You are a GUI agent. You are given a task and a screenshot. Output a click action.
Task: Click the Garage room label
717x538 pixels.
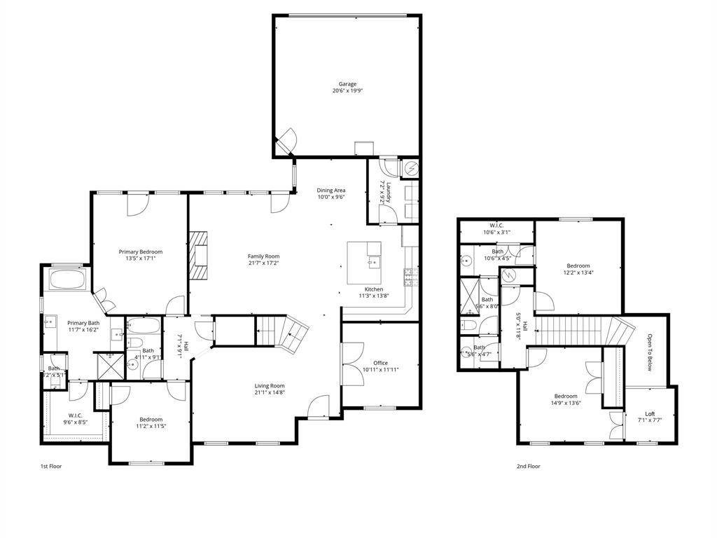click(x=347, y=84)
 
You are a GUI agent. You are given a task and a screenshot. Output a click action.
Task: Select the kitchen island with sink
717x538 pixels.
click(x=364, y=263)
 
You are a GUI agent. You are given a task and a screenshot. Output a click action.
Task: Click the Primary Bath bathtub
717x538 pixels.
click(x=67, y=282)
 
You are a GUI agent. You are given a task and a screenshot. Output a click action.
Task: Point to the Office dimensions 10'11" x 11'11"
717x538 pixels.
click(x=380, y=370)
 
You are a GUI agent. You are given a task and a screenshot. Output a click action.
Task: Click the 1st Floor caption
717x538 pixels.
click(x=50, y=466)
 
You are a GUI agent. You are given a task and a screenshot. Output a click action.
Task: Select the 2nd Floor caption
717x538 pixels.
click(x=528, y=466)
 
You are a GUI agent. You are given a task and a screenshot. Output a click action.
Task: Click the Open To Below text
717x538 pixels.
click(x=649, y=352)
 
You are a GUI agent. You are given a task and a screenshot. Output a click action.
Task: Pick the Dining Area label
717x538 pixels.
click(x=331, y=190)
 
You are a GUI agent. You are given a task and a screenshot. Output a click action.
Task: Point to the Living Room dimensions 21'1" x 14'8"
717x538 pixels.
click(x=269, y=393)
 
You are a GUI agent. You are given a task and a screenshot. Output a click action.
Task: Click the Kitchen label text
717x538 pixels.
click(x=373, y=289)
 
